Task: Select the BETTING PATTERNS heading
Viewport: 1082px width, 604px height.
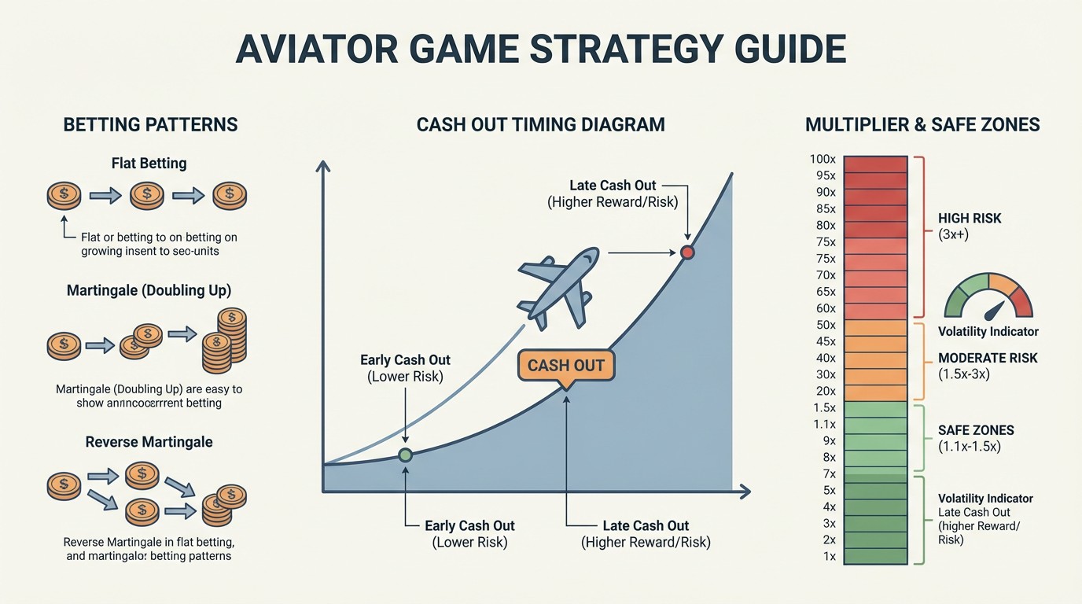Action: pyautogui.click(x=150, y=124)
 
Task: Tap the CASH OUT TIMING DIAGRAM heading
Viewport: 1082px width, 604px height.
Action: pyautogui.click(x=540, y=124)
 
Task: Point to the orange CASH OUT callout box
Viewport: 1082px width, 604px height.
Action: pyautogui.click(x=565, y=366)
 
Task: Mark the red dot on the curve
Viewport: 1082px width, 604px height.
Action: pyautogui.click(x=687, y=252)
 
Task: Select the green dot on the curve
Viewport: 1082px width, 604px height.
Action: pyautogui.click(x=405, y=455)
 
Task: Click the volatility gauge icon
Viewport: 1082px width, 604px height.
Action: pyautogui.click(x=988, y=297)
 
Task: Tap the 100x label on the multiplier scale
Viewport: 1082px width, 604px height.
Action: pyautogui.click(x=823, y=160)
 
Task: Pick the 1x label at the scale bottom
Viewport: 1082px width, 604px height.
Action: pyautogui.click(x=828, y=557)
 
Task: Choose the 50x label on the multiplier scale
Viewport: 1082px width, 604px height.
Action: pyautogui.click(x=826, y=326)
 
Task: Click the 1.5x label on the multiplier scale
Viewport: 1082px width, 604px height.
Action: pyautogui.click(x=824, y=407)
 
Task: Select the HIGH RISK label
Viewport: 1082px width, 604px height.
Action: pyautogui.click(x=970, y=218)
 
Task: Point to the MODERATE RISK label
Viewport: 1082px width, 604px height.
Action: pyautogui.click(x=988, y=358)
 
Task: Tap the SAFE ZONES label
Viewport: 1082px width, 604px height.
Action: pyautogui.click(x=976, y=430)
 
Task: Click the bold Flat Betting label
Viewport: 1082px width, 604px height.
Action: pyautogui.click(x=149, y=164)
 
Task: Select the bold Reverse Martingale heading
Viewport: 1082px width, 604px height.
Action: pyautogui.click(x=149, y=442)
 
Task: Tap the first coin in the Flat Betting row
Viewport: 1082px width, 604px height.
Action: pyautogui.click(x=64, y=194)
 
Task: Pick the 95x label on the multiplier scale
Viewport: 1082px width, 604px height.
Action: pyautogui.click(x=826, y=176)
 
